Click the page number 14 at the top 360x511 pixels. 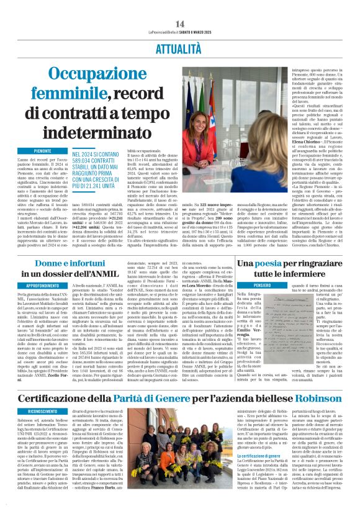coord(181,24)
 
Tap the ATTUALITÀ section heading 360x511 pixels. coord(180,46)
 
